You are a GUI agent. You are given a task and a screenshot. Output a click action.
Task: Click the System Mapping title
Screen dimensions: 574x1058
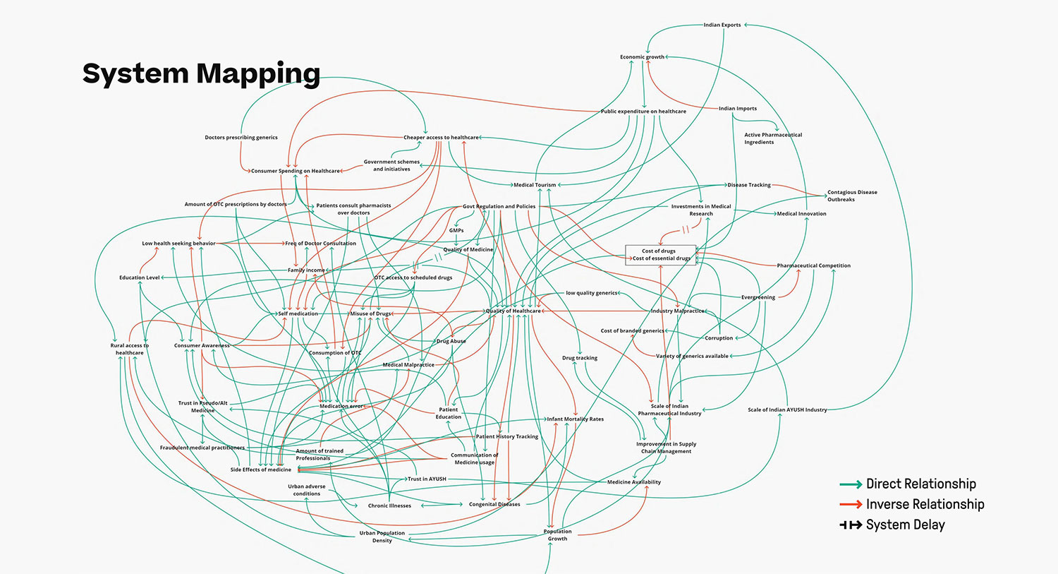(201, 73)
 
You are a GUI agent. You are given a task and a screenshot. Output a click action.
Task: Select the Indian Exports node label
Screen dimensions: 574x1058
(722, 25)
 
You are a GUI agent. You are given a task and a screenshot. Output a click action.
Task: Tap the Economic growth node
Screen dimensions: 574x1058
(642, 57)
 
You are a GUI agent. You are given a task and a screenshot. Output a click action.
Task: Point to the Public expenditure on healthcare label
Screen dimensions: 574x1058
(643, 112)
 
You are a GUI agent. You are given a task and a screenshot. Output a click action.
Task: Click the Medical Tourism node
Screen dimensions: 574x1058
(535, 185)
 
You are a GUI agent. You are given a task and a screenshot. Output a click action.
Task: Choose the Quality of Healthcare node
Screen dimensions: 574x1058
(513, 311)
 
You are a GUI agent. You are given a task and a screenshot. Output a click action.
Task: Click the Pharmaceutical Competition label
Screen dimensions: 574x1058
(813, 265)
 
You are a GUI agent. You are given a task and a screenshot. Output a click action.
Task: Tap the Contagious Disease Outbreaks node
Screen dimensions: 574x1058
(852, 196)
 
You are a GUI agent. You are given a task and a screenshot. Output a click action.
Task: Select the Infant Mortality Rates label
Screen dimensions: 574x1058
(576, 419)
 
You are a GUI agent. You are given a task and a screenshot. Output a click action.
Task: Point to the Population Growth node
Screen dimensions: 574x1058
(557, 535)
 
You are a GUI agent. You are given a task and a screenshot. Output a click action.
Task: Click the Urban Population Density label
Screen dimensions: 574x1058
(382, 537)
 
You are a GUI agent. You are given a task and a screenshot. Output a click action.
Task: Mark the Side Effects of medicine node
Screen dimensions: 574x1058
(260, 470)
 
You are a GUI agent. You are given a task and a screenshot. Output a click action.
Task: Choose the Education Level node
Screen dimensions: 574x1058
(140, 277)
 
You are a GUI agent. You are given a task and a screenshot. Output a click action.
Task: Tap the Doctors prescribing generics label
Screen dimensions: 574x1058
(241, 138)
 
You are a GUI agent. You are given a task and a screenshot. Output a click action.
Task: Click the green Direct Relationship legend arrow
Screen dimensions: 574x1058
(851, 484)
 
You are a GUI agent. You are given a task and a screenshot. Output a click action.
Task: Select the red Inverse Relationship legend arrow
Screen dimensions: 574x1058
(851, 504)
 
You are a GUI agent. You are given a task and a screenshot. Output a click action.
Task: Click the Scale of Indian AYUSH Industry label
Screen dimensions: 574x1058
(787, 409)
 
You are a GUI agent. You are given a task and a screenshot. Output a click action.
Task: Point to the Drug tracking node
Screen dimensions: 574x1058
(580, 358)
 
